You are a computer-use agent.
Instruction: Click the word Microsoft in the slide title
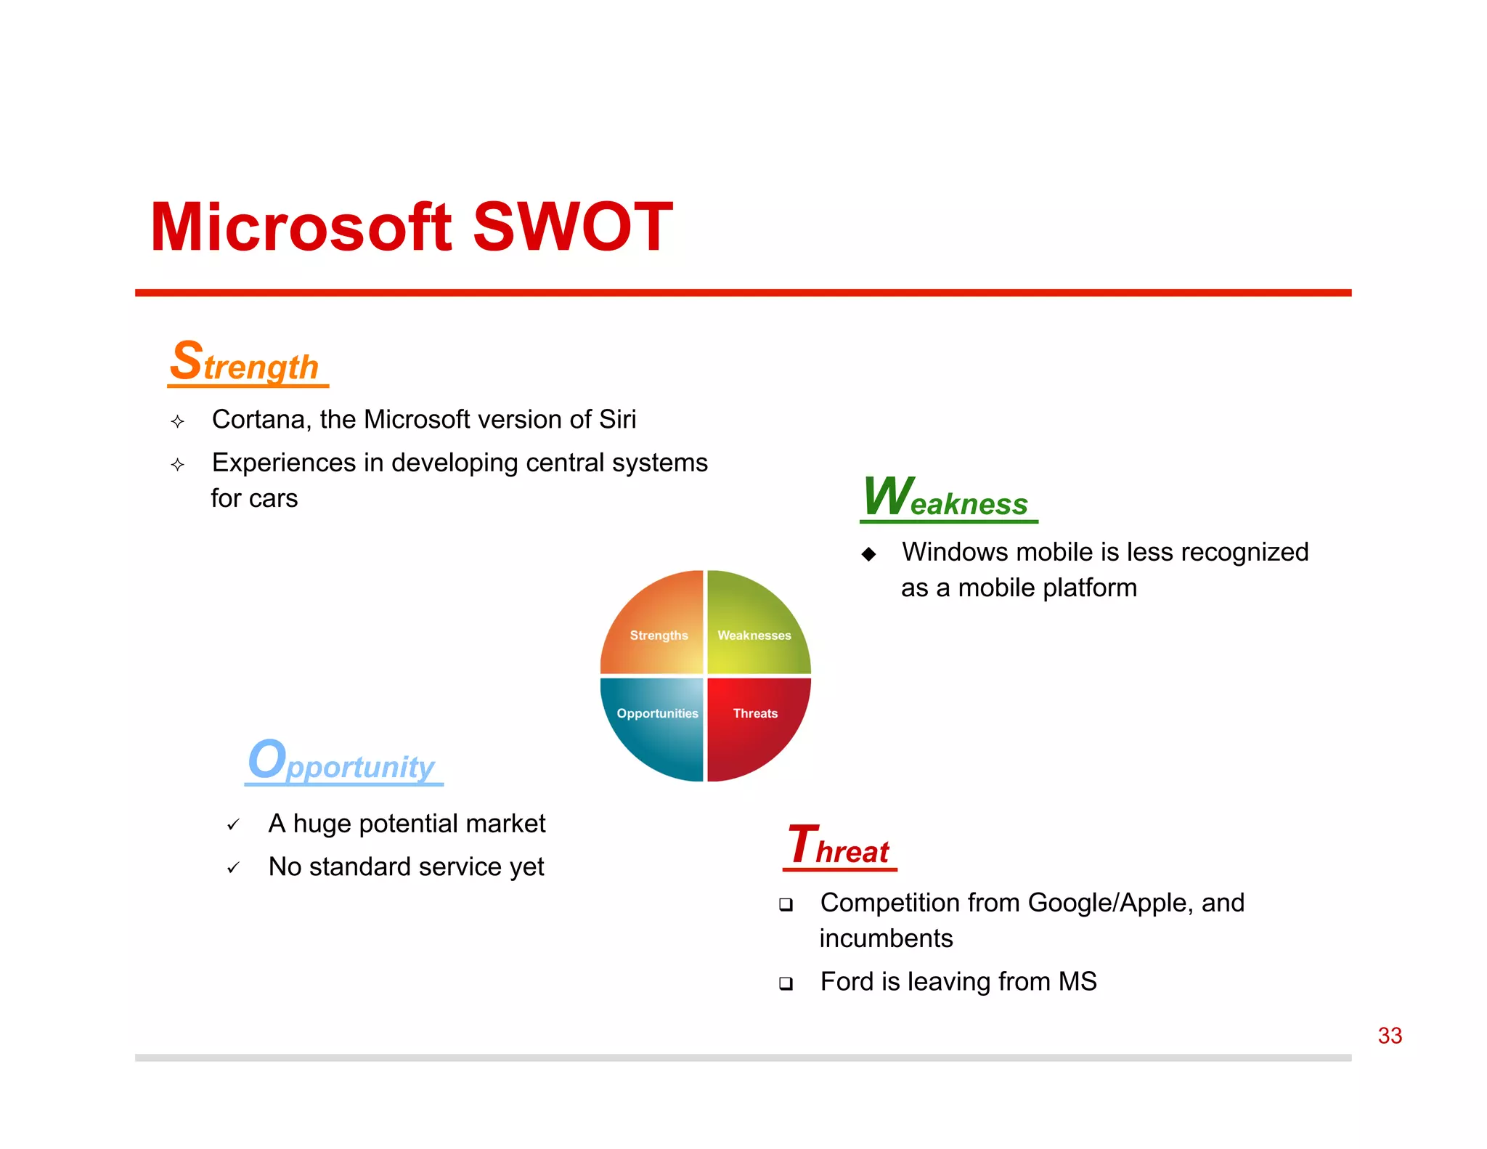click(301, 227)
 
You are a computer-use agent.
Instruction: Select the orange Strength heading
click(245, 362)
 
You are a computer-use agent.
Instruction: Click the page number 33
click(1390, 1036)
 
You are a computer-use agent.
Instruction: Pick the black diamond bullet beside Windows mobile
click(868, 555)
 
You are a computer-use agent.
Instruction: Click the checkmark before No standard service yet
click(233, 868)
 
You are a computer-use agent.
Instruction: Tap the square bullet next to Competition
click(786, 905)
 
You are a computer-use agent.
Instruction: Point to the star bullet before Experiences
click(178, 465)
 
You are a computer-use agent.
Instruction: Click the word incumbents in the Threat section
click(886, 939)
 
